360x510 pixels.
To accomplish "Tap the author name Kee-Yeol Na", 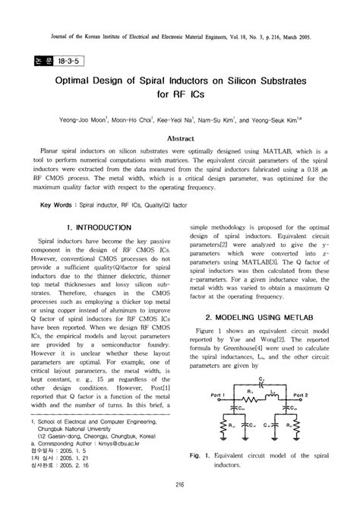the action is coord(182,119).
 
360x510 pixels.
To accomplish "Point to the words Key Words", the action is coord(46,205).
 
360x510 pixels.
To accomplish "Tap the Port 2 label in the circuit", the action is coord(301,396).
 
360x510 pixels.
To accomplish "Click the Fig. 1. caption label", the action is coord(199,455).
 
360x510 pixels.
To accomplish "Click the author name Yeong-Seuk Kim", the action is coord(285,119).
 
